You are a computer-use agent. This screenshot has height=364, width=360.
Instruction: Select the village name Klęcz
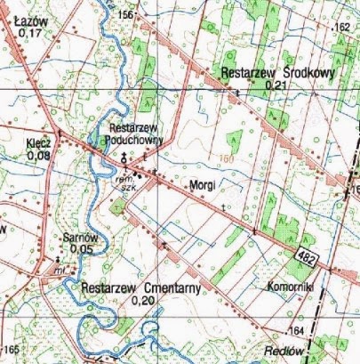click(40, 142)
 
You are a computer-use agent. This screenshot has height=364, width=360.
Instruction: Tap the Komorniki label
click(287, 287)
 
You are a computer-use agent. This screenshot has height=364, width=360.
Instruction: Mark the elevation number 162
click(342, 28)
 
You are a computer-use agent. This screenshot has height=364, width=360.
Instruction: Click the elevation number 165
click(11, 347)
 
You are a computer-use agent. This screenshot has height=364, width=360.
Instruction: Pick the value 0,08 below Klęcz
click(39, 156)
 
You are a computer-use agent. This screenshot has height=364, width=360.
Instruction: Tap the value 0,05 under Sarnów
click(81, 249)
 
